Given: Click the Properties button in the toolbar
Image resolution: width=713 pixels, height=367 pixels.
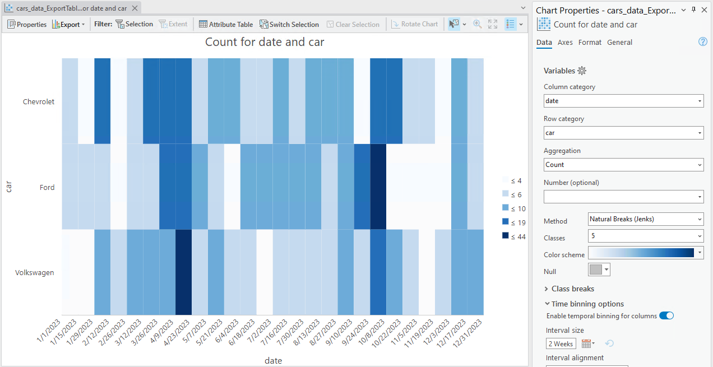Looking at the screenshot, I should [x=27, y=24].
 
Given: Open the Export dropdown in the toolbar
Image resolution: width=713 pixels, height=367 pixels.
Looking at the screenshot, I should [x=68, y=24].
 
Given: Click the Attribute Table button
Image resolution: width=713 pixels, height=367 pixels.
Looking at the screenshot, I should [x=226, y=24].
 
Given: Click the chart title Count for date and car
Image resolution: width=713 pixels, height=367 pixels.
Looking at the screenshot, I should [x=265, y=42].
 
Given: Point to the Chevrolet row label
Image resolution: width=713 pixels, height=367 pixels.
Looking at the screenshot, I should [x=39, y=101].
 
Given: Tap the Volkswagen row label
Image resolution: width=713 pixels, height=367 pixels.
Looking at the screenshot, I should [x=35, y=273].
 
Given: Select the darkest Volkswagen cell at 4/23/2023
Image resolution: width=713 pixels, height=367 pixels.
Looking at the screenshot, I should [x=184, y=272].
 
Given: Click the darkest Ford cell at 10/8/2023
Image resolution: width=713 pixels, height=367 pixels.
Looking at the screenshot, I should [x=378, y=187].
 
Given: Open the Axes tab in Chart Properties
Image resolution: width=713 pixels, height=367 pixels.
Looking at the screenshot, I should [x=565, y=43].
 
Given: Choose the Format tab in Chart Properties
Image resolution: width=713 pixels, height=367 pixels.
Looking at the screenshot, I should [x=590, y=43].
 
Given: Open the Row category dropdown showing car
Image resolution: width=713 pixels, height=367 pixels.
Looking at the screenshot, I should [x=623, y=133].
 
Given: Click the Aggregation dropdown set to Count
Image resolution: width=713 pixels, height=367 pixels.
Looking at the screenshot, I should [x=623, y=165].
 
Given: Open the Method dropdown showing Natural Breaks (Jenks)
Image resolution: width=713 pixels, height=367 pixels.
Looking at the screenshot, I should [x=646, y=220].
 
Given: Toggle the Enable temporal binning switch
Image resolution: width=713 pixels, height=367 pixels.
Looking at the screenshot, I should [x=666, y=316].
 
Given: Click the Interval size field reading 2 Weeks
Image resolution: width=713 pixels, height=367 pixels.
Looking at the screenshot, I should [x=561, y=343].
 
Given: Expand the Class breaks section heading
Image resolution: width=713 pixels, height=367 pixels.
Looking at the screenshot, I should [x=572, y=289].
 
